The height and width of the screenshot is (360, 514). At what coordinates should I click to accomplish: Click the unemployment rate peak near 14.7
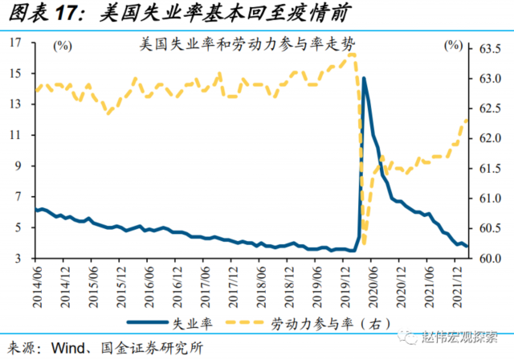[364, 78]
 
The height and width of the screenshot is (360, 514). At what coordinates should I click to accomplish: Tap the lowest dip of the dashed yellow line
[364, 244]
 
